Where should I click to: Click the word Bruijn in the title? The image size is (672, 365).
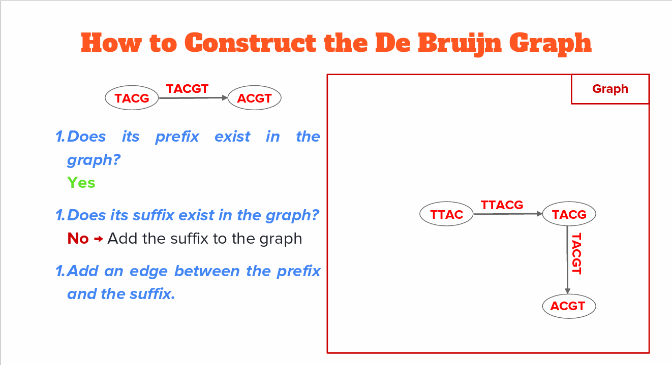460,44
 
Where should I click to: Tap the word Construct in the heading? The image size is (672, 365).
250,43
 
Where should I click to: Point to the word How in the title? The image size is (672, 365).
111,43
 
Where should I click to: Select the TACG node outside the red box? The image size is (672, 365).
132,97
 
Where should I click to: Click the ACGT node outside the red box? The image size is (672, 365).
254,97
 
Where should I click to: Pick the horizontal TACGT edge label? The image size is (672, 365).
187,89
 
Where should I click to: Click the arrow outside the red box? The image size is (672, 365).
193,97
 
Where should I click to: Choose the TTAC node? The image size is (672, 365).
446,214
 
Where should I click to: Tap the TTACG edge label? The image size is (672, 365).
502,205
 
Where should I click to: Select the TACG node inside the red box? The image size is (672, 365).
569,214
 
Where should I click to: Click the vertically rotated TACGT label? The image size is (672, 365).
576,253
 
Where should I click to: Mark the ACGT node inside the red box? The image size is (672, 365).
569,306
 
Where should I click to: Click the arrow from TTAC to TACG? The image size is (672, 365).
508,214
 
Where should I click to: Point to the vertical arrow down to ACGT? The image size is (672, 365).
567,260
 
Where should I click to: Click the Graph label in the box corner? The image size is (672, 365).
610,89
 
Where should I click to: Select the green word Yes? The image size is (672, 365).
81,183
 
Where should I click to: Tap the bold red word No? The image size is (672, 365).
78,239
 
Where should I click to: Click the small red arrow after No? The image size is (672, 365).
99,239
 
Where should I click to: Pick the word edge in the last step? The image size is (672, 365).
148,272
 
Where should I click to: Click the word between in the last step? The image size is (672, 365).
207,271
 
